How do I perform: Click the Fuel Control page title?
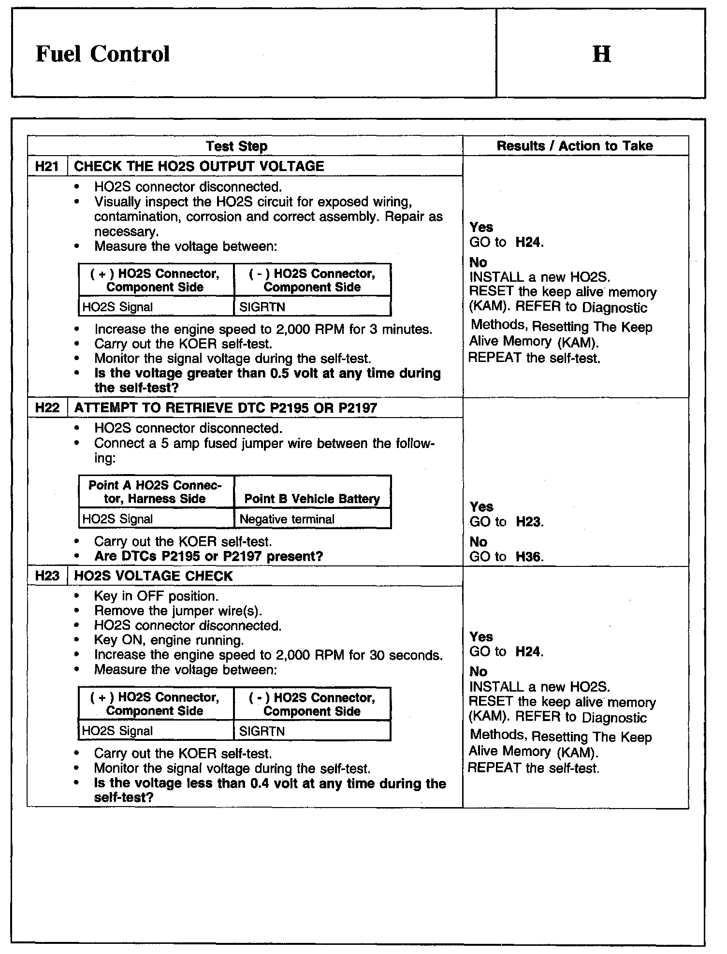(102, 54)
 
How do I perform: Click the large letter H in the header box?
(601, 54)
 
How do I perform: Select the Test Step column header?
(236, 146)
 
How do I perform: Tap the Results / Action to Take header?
(575, 146)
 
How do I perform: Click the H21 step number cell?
(47, 166)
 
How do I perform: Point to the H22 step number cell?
(47, 408)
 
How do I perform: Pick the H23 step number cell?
(47, 576)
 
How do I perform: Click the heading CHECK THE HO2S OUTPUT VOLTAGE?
(199, 166)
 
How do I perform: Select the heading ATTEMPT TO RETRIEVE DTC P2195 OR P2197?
(225, 408)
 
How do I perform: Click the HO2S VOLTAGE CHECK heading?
(153, 576)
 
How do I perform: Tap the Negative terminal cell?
(287, 519)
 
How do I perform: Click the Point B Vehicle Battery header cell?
(312, 499)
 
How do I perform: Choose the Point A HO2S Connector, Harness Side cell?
(155, 492)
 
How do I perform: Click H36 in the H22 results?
(528, 557)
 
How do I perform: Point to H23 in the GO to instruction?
(528, 522)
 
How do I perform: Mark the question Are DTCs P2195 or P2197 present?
(208, 556)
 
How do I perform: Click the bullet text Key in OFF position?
(156, 596)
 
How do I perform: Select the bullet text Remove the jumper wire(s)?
(178, 611)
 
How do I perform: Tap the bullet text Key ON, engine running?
(169, 640)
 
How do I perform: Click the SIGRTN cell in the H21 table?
(262, 307)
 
